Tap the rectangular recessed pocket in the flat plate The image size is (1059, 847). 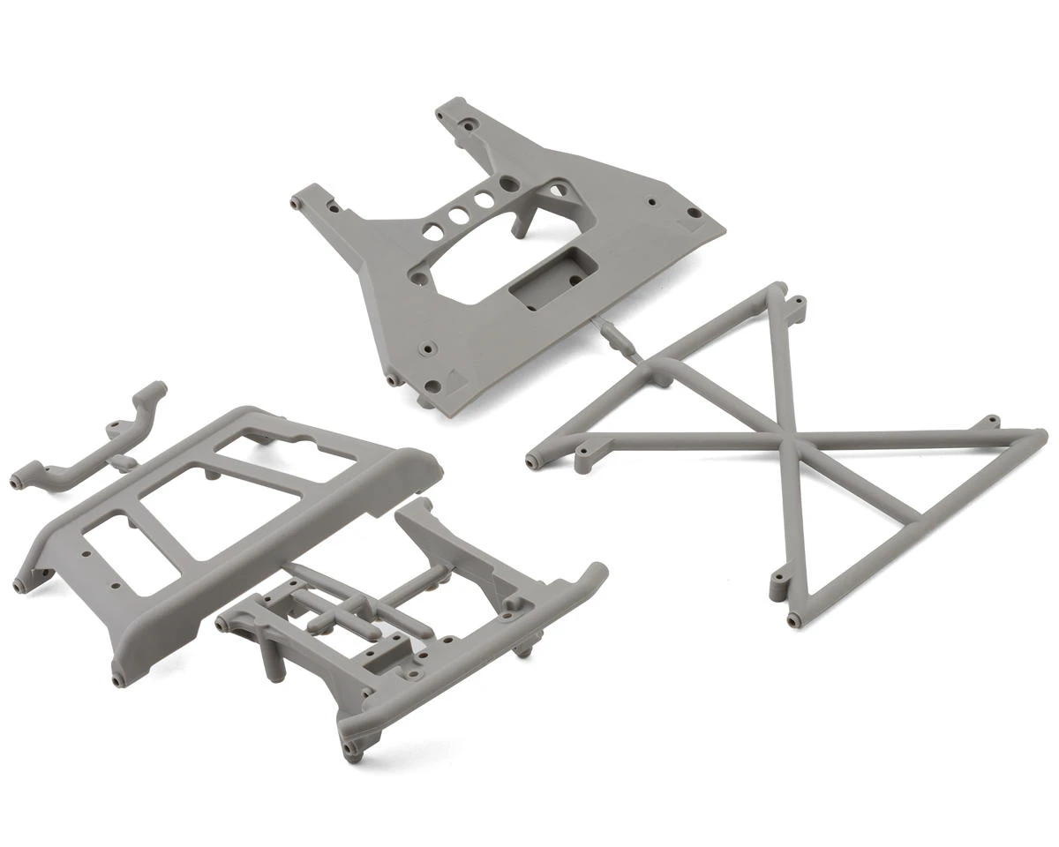click(x=540, y=276)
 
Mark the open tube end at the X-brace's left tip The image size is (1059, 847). click(x=532, y=460)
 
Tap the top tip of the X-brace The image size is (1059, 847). click(x=777, y=288)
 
